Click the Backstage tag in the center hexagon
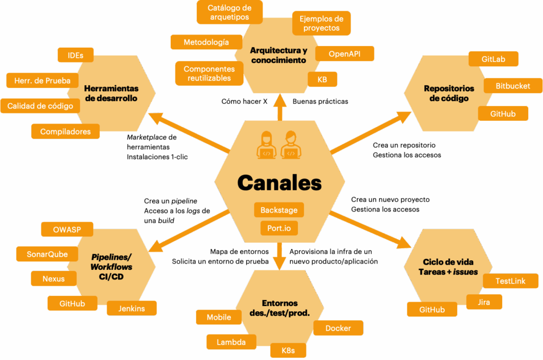[279, 210]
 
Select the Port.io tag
[279, 229]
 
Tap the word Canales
[279, 182]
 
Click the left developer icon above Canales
[266, 145]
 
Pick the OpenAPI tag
[345, 54]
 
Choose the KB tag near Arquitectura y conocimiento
[322, 79]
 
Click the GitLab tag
[493, 59]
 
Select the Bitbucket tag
[513, 86]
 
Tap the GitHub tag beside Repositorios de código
[503, 113]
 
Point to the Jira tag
[484, 302]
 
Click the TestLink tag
[510, 281]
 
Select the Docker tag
[338, 328]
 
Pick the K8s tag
[288, 350]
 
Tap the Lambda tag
[231, 342]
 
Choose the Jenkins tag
[132, 309]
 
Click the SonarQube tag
[47, 254]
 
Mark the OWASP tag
[67, 230]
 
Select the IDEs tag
[75, 55]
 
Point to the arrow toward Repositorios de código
[371, 133]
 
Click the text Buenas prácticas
[320, 101]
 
